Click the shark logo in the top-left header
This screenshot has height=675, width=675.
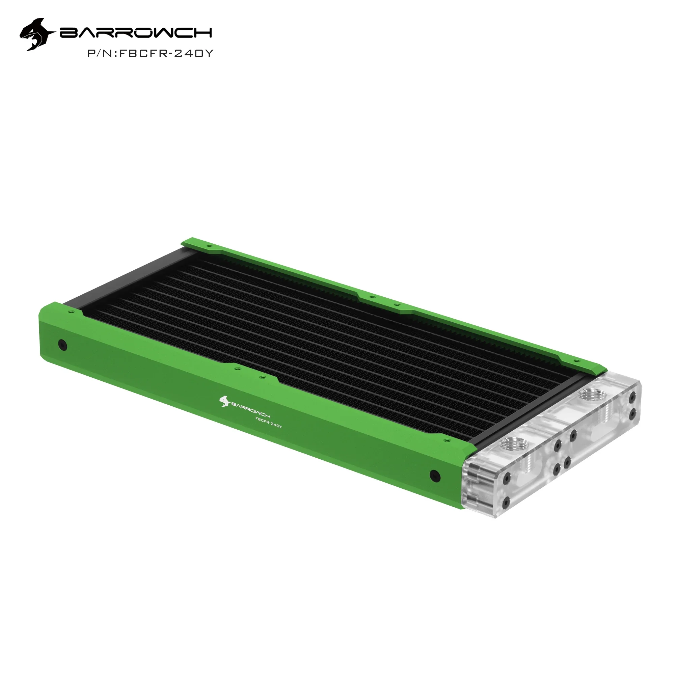coord(37,34)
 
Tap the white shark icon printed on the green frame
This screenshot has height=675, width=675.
coord(224,401)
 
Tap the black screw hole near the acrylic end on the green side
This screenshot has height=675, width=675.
coord(435,476)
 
